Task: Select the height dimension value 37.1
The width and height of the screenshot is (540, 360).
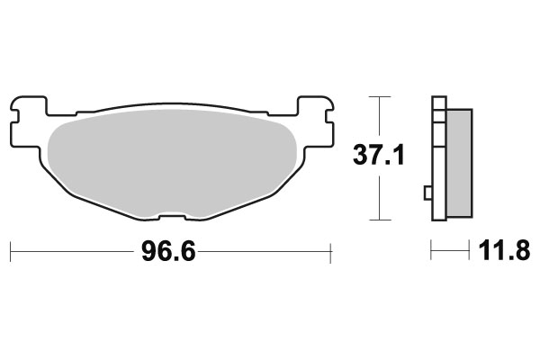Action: (x=380, y=157)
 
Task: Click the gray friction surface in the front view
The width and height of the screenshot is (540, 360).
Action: (x=171, y=162)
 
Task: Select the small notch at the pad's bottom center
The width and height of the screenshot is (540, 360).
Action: (x=171, y=216)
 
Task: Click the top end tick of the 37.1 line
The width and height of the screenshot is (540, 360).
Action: (x=380, y=95)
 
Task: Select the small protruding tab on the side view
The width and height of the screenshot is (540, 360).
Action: (x=427, y=192)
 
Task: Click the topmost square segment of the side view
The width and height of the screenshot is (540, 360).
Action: (x=438, y=103)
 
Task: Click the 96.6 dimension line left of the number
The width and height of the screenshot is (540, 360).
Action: (x=72, y=252)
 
